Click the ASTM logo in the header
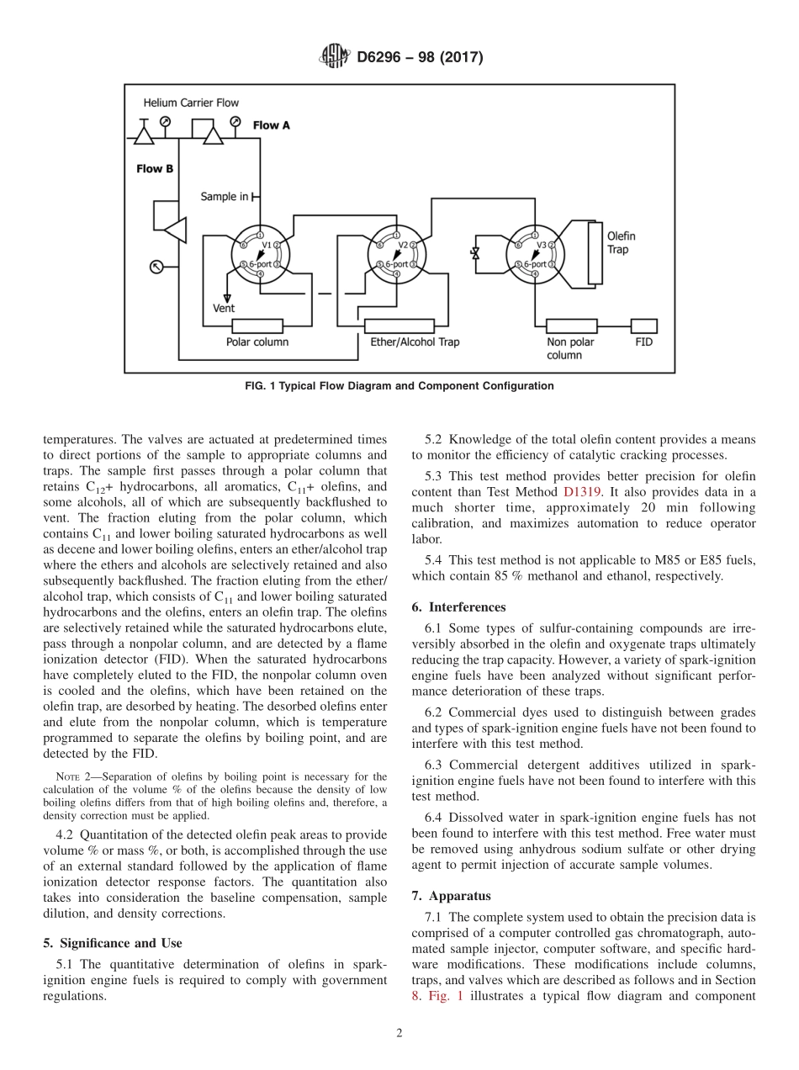(x=335, y=57)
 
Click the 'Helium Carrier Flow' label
(x=191, y=103)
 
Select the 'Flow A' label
(x=271, y=125)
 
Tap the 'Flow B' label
(x=155, y=169)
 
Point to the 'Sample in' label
(x=224, y=197)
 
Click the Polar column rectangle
(x=257, y=326)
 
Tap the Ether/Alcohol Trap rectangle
(x=399, y=326)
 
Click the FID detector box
(x=644, y=326)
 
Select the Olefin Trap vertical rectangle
(x=595, y=252)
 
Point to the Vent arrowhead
(x=225, y=297)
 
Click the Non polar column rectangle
(x=571, y=326)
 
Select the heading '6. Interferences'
(x=458, y=607)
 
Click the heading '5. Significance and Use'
(x=113, y=943)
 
